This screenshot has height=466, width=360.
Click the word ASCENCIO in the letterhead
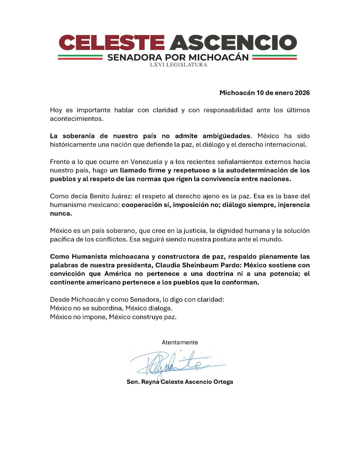233,43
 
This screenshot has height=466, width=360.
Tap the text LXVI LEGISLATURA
178,65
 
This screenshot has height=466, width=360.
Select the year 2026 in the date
302,93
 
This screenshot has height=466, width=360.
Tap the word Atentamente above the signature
180,342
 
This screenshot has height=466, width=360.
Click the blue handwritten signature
175,364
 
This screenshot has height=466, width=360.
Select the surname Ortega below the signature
223,382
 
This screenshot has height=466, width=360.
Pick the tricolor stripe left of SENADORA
80,57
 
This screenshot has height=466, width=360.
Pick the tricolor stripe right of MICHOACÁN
274,57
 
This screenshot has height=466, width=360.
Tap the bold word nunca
60,213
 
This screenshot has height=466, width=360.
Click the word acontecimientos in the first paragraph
76,119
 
